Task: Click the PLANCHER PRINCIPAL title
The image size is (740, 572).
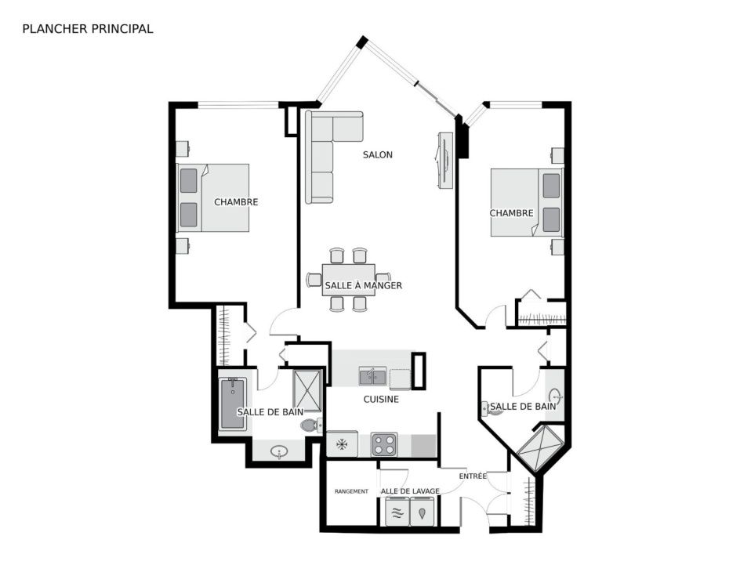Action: (88, 29)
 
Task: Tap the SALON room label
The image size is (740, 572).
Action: (378, 154)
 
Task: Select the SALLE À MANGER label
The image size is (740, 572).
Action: (364, 285)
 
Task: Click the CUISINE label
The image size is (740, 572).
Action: (381, 400)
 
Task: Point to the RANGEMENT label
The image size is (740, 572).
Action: (351, 491)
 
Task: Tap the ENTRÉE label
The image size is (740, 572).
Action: (473, 476)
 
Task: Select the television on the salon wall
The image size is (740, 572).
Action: (444, 161)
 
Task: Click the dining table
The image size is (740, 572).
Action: (349, 280)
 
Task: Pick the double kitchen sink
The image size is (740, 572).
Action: (372, 376)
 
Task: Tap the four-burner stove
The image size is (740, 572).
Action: (383, 444)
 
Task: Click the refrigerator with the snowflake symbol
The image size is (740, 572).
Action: (342, 443)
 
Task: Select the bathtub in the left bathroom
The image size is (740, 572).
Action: (233, 404)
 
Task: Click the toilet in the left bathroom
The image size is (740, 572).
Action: (311, 425)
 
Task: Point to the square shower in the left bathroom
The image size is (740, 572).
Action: (307, 391)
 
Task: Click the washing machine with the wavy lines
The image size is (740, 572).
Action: (397, 512)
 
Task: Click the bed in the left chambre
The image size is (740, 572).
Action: (213, 197)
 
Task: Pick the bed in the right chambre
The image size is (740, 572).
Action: (527, 202)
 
